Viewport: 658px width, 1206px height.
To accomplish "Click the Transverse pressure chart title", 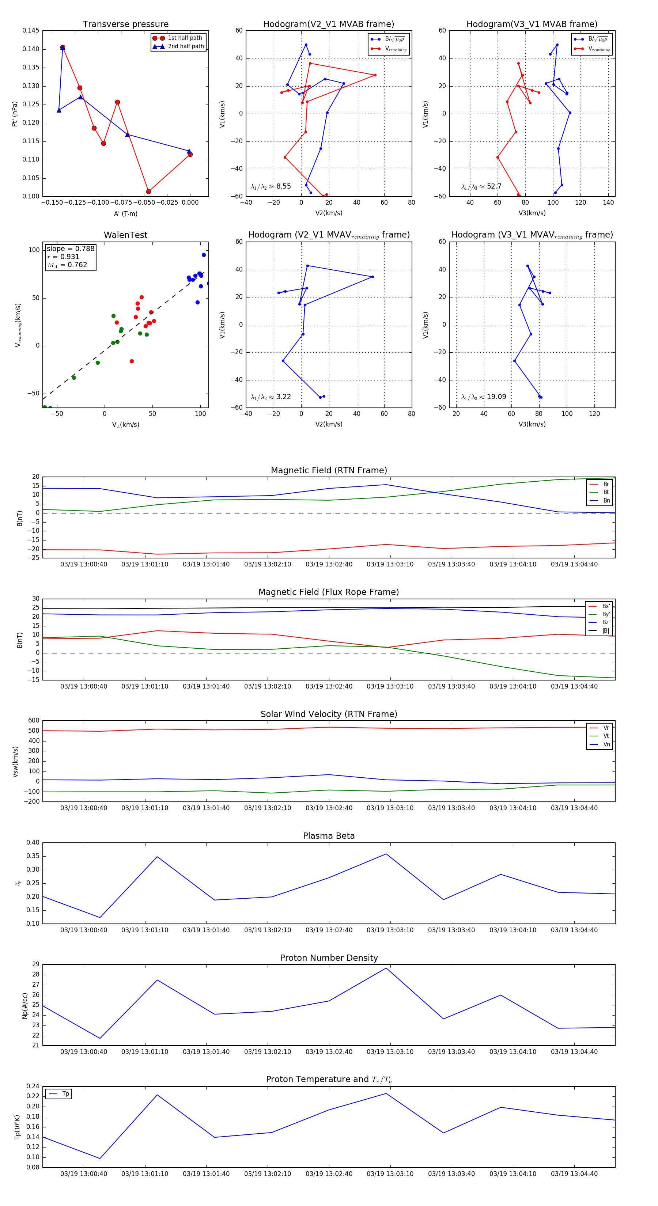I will click(x=125, y=24).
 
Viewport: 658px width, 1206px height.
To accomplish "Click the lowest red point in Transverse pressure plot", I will click(x=148, y=191).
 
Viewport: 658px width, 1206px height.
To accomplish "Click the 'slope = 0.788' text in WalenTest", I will click(x=70, y=249).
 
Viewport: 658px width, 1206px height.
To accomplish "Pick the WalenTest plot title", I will click(x=125, y=235).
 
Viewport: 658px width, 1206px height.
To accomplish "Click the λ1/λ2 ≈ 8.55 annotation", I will click(x=271, y=186).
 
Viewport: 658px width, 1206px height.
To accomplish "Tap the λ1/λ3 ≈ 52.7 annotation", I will click(x=481, y=186).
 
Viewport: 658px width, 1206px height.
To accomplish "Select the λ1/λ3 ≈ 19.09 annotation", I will click(x=483, y=397).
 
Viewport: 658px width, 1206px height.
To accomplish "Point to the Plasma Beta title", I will click(x=329, y=836).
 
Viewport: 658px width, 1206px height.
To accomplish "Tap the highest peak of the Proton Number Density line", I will click(x=386, y=968).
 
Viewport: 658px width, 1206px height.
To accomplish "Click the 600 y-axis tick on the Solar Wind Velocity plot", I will click(x=34, y=721).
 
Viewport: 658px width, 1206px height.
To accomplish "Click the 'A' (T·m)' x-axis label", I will click(x=125, y=213).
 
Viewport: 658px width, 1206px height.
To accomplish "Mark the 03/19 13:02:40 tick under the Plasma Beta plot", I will click(x=329, y=930).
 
